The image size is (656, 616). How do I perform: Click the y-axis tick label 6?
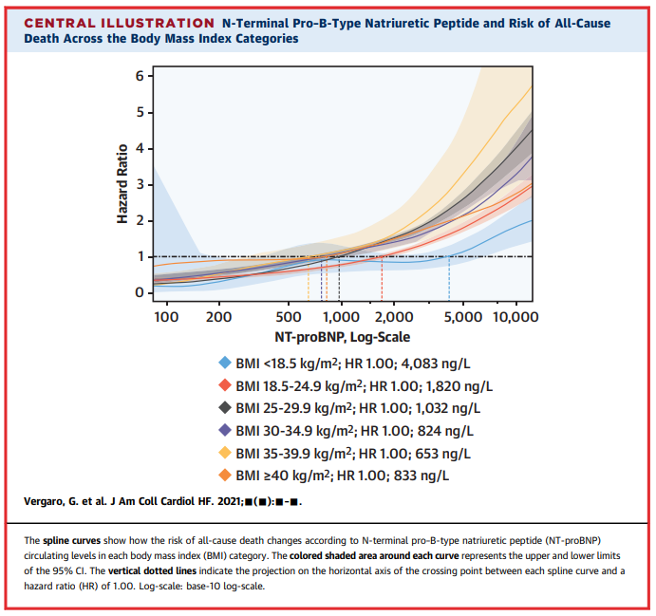pos(140,76)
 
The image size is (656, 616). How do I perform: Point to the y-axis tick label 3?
pos(140,184)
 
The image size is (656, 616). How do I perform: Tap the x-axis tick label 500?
pos(289,317)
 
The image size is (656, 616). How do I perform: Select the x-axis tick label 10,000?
pos(515,317)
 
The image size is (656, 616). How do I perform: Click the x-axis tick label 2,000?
pos(394,317)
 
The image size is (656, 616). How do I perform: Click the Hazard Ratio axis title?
pos(122,183)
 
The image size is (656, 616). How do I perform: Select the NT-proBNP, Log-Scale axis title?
pos(342,337)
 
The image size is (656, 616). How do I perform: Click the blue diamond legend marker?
pos(225,363)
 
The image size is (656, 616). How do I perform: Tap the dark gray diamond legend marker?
pos(225,407)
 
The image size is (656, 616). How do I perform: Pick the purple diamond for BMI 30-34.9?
pos(225,430)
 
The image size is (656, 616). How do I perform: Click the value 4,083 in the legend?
pos(418,364)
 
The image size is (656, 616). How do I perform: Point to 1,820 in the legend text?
pos(442,386)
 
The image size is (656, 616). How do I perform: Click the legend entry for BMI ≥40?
pos(342,476)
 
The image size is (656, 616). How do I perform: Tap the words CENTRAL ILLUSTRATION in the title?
pos(120,23)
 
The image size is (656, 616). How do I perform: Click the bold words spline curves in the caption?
pos(71,541)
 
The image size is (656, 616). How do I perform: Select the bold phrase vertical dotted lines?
pos(153,570)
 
